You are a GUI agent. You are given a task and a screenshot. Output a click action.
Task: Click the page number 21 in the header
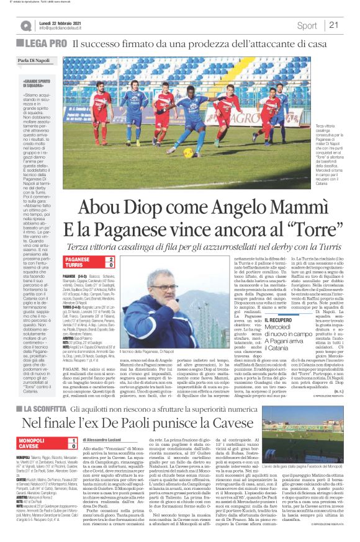333,25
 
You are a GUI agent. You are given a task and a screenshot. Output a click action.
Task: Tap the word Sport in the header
307,25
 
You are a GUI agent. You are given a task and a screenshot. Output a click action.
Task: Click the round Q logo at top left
26,25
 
